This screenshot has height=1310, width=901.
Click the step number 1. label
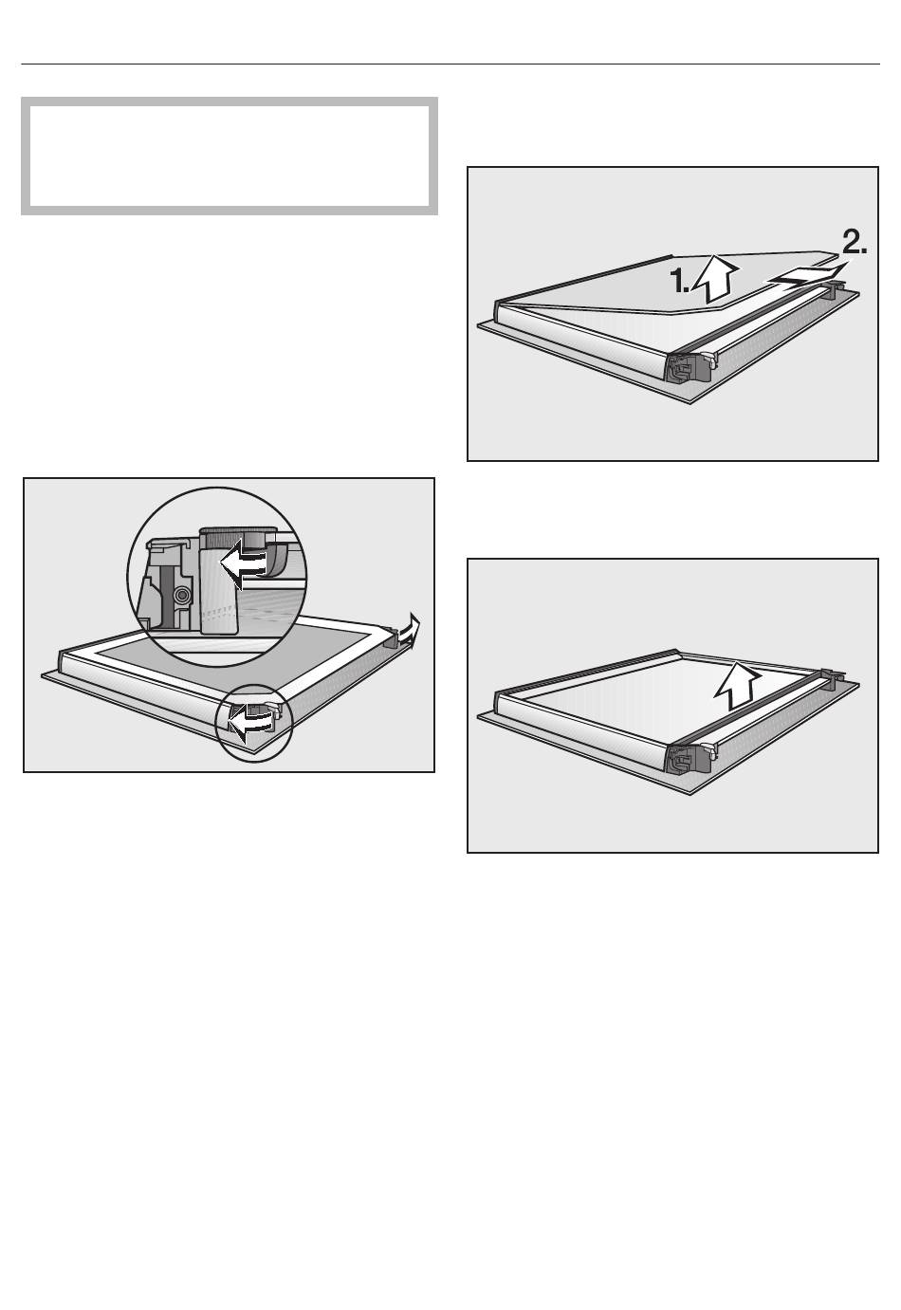pos(679,282)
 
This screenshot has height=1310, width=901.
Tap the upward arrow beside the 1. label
pos(715,279)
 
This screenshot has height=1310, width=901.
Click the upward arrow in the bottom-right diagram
pos(737,684)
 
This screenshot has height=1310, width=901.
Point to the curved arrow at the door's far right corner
pos(410,632)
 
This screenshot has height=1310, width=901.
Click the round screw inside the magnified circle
pos(183,595)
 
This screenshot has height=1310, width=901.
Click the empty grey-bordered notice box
pos(230,156)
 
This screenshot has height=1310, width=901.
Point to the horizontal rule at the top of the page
pos(450,64)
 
